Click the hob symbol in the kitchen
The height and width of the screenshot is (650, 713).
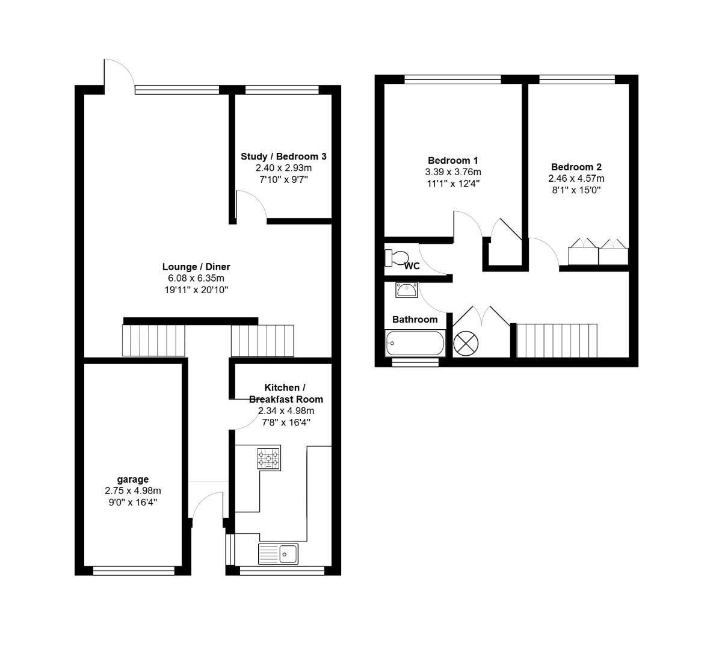269,459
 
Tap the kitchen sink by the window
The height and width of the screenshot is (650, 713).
278,553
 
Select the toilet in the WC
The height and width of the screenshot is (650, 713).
397,258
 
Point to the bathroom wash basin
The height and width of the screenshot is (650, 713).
407,290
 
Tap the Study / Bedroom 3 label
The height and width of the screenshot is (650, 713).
283,156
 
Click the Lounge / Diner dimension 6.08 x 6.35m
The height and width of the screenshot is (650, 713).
196,278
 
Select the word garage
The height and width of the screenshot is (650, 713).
132,479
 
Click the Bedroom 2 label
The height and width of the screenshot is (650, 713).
576,167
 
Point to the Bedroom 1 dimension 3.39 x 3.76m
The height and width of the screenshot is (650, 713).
452,172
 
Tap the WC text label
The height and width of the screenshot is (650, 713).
412,266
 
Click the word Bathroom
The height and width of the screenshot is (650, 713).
415,319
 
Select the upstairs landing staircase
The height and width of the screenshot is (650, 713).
557,341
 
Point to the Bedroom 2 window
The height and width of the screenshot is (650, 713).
577,79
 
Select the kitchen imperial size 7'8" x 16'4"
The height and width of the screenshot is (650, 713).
286,422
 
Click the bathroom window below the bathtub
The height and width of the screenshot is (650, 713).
415,362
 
